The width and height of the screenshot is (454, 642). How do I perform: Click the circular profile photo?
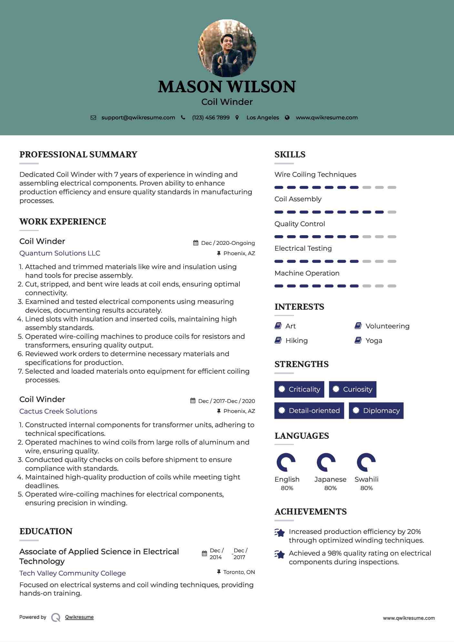[227, 48]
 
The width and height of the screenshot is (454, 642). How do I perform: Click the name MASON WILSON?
[227, 87]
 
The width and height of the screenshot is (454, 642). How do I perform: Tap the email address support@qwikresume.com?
[138, 118]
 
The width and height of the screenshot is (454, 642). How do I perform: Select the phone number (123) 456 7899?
[211, 118]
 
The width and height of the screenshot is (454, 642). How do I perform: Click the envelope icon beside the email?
[93, 118]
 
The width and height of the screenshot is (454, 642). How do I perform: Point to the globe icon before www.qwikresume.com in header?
[287, 118]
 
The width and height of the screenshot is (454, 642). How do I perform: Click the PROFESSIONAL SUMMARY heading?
[78, 155]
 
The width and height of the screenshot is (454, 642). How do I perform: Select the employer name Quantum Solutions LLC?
[60, 253]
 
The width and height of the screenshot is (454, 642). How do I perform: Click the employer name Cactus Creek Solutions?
[58, 411]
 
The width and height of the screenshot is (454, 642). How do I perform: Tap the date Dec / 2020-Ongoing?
[228, 243]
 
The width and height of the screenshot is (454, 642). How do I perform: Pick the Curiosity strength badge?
[352, 389]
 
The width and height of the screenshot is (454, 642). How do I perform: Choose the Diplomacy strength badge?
[376, 411]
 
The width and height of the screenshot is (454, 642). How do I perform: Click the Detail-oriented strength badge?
[309, 411]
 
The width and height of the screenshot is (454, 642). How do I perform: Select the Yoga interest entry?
[374, 341]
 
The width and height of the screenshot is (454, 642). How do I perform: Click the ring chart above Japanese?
[326, 462]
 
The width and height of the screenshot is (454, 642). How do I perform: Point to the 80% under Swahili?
[367, 488]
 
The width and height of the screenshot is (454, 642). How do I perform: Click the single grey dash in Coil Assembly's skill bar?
[392, 212]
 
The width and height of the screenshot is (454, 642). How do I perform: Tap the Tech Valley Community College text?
[73, 573]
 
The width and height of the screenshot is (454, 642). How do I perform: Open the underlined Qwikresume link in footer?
[79, 617]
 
